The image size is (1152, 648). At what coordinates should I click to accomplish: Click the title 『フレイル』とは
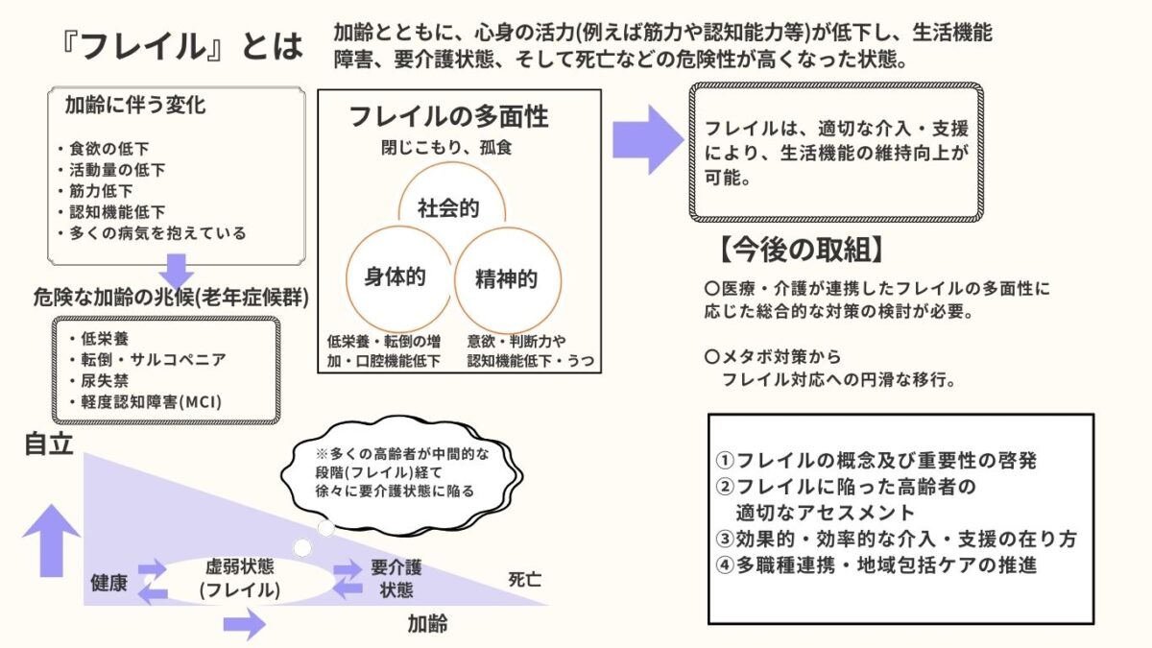180,46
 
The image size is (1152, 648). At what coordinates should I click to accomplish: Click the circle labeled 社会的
448,208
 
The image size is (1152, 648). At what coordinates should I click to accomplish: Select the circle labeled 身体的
395,277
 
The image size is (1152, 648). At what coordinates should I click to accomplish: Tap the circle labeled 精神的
506,279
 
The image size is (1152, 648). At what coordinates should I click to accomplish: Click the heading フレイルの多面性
448,117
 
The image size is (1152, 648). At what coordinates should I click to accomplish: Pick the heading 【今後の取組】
799,250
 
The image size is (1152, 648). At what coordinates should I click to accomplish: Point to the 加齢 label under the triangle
427,625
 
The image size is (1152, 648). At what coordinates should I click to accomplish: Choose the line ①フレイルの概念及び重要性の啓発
876,460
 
